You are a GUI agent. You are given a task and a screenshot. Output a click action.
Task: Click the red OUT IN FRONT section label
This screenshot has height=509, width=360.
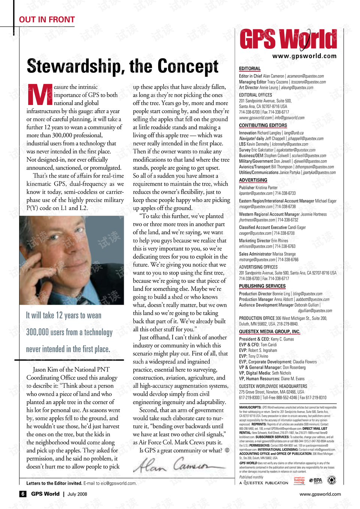(47, 20)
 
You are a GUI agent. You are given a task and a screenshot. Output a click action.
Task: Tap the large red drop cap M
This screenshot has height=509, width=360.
(40, 95)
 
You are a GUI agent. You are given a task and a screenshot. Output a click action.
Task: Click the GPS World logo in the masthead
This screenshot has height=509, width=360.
(288, 40)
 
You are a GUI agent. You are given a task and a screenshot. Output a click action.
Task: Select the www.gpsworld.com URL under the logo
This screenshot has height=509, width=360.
(304, 56)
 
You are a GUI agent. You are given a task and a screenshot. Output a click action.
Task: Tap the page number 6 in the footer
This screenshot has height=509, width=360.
(23, 494)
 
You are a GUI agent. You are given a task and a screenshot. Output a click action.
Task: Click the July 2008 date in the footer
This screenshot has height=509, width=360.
(77, 494)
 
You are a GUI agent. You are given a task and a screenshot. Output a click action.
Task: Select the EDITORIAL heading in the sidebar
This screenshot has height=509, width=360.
(250, 69)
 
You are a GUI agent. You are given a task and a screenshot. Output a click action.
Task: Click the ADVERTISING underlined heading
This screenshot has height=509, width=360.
(253, 180)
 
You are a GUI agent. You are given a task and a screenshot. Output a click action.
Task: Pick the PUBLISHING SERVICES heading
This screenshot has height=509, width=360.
(262, 286)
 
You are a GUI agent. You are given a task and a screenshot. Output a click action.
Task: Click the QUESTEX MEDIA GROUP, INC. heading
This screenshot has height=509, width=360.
(269, 332)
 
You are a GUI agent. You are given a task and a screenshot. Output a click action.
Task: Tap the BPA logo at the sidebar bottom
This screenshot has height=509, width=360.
(316, 480)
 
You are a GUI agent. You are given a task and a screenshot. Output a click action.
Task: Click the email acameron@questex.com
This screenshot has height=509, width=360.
(306, 76)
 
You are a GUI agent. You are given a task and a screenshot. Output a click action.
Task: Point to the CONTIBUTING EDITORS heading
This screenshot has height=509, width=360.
(263, 125)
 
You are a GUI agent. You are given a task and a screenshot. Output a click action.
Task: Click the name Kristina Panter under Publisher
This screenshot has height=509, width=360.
(267, 188)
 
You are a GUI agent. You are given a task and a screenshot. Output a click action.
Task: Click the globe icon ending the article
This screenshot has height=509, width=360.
(227, 450)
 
